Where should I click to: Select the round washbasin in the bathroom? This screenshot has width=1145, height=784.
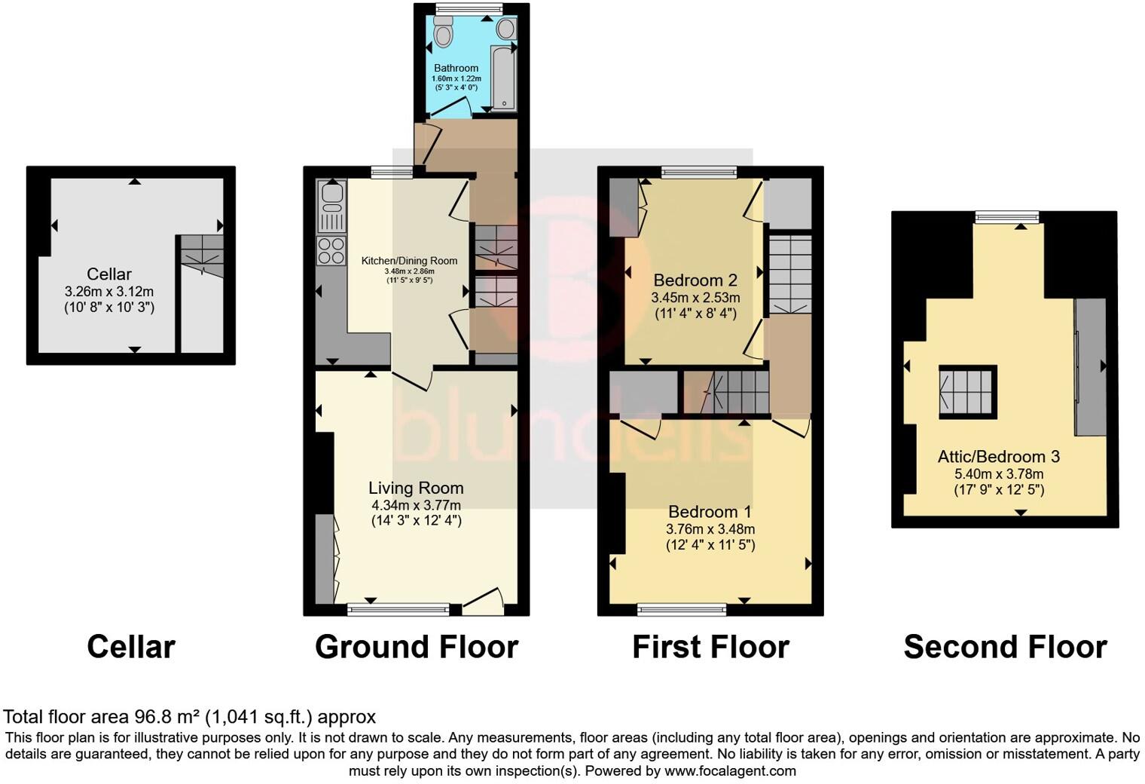tap(506, 29)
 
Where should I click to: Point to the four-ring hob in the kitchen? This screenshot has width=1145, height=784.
tap(331, 250)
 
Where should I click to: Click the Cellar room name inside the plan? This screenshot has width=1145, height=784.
tap(109, 274)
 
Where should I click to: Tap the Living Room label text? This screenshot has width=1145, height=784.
tap(416, 488)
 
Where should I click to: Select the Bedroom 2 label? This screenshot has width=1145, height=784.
tap(695, 281)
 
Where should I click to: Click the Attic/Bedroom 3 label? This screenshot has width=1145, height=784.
tap(998, 456)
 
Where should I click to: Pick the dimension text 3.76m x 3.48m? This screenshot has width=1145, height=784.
tap(710, 529)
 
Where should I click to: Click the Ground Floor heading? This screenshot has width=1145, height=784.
tap(416, 647)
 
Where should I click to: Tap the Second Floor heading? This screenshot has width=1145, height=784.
tap(1005, 647)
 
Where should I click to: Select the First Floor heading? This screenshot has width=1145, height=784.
tap(710, 647)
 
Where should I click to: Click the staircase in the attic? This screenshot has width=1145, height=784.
tap(967, 392)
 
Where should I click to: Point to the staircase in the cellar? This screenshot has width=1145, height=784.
tap(201, 256)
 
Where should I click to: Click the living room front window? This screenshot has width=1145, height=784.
tap(398, 608)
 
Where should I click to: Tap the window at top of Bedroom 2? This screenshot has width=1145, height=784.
tap(699, 173)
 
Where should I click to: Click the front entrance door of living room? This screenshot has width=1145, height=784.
tap(483, 599)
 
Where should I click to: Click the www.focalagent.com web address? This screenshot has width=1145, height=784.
tap(730, 770)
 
